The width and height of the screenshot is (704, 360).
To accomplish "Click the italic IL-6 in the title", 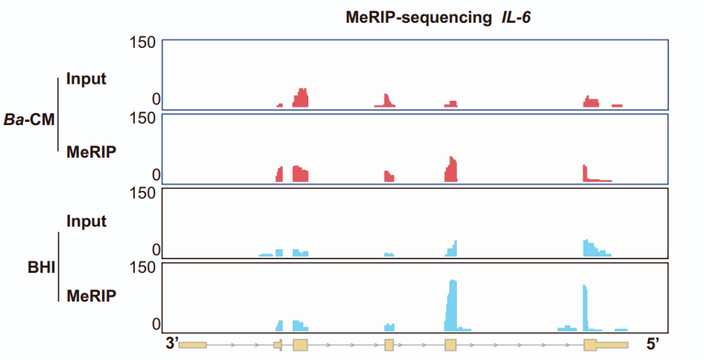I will coord(514,17).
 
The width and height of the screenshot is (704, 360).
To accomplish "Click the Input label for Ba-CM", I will coord(87,79).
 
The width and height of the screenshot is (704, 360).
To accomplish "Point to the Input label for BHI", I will coord(87,221).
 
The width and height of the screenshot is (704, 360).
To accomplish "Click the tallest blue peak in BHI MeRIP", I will coord(453,305).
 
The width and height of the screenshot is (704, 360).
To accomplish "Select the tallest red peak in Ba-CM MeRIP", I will coord(452,168).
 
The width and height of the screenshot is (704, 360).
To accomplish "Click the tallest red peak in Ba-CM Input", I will coord(302,98).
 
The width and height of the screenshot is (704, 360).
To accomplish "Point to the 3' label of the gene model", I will coord(171,345).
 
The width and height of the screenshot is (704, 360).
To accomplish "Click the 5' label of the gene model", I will coord(654,345).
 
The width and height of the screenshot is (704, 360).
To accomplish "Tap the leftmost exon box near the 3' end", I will coord(193,345).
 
